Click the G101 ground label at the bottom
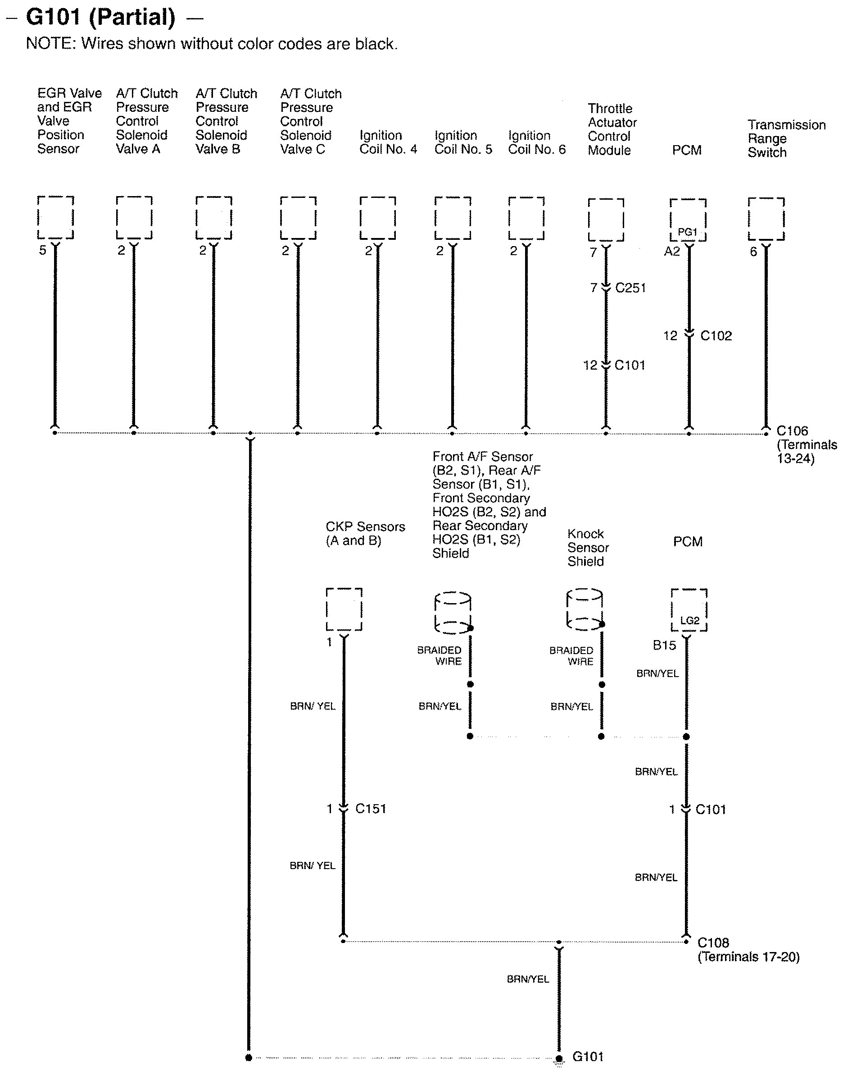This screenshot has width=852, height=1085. [588, 1057]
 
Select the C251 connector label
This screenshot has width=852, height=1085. [630, 288]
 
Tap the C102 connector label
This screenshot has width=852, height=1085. [716, 335]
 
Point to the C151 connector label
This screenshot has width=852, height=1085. [371, 808]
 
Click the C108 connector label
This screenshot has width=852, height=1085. [713, 943]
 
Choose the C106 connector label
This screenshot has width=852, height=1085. [792, 431]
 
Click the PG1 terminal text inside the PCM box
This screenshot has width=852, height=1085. [687, 232]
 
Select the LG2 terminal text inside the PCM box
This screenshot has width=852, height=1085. [689, 621]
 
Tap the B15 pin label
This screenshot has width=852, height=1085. [664, 645]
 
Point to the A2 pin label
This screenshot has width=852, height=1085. [671, 251]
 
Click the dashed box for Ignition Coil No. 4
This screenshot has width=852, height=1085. [378, 218]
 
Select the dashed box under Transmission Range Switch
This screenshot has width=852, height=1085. [766, 219]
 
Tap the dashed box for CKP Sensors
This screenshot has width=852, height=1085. [344, 609]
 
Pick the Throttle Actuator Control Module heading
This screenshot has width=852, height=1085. [612, 129]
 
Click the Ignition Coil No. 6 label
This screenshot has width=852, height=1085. [537, 142]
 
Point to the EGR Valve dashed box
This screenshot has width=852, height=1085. [55, 217]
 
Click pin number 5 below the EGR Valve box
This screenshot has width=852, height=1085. [42, 250]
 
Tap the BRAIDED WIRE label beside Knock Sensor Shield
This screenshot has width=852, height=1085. [571, 655]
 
